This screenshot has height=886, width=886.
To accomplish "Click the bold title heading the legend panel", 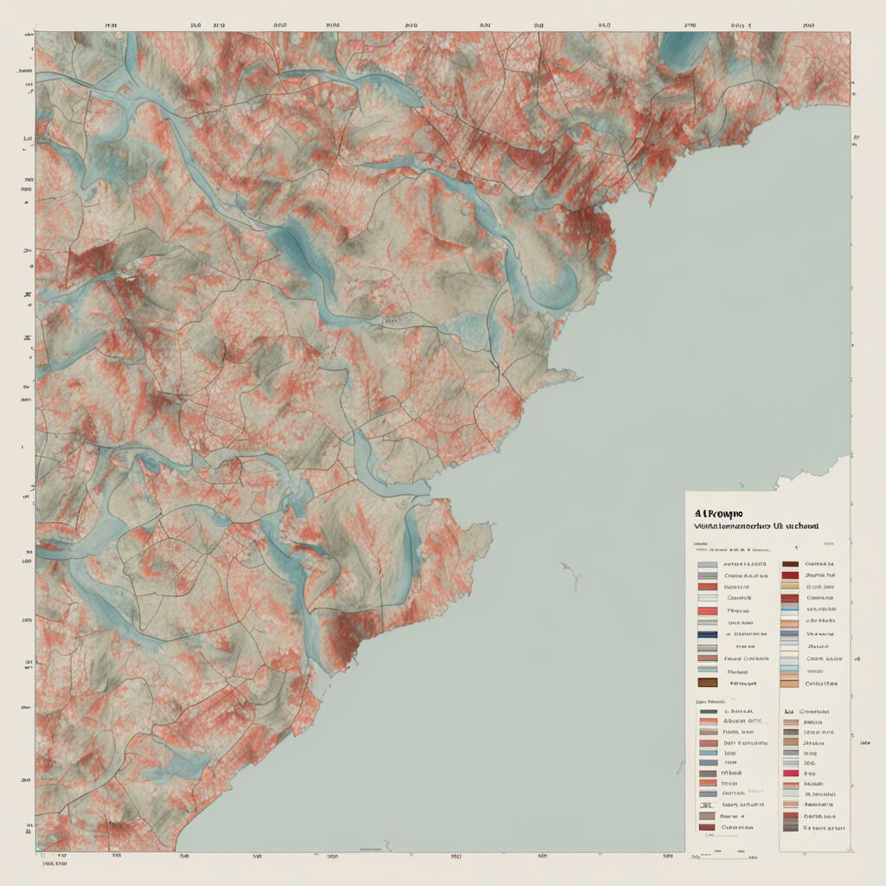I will (x=719, y=512).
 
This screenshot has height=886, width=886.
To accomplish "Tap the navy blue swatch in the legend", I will (x=707, y=634).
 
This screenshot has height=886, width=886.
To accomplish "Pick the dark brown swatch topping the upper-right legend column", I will (x=789, y=563).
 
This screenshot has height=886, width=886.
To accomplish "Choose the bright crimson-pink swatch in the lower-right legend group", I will (x=790, y=773).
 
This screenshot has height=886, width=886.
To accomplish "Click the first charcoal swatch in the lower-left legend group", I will (x=707, y=710).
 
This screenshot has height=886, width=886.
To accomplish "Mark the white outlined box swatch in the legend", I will (x=707, y=598).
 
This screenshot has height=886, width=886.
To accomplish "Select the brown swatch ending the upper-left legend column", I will (x=707, y=683).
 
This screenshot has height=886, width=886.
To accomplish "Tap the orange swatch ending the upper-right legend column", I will (x=789, y=683).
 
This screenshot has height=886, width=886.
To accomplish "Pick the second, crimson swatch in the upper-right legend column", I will (x=789, y=575).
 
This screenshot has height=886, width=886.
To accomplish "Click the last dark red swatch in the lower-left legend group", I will (x=707, y=826).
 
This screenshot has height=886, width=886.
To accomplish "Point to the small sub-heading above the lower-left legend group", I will (x=709, y=701).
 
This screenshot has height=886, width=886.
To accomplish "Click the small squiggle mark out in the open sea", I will (x=568, y=570).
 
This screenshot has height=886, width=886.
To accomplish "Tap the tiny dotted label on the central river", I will (x=391, y=320).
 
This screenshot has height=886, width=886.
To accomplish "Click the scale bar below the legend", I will (x=722, y=855).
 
